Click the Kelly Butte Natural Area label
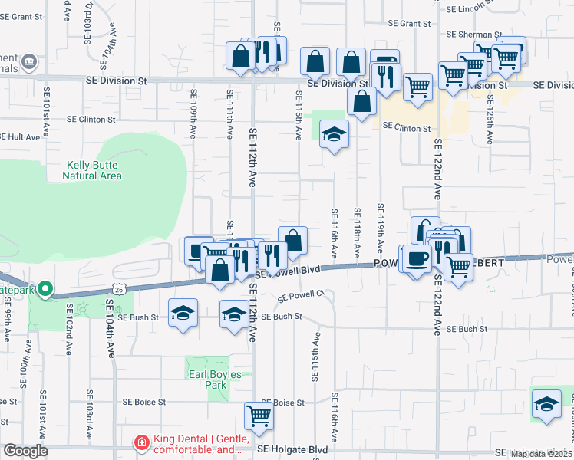tap(94, 170)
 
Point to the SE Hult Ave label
tap(19, 136)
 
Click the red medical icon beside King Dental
tap(140, 442)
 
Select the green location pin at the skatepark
tap(45, 289)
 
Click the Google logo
tap(25, 451)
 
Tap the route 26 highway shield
tap(117, 289)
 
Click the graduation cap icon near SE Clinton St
tap(334, 135)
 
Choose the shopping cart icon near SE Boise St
tap(259, 415)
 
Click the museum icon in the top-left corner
tap(28, 61)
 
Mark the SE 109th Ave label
tap(194, 123)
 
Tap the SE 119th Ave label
tap(380, 228)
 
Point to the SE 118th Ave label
tap(357, 232)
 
